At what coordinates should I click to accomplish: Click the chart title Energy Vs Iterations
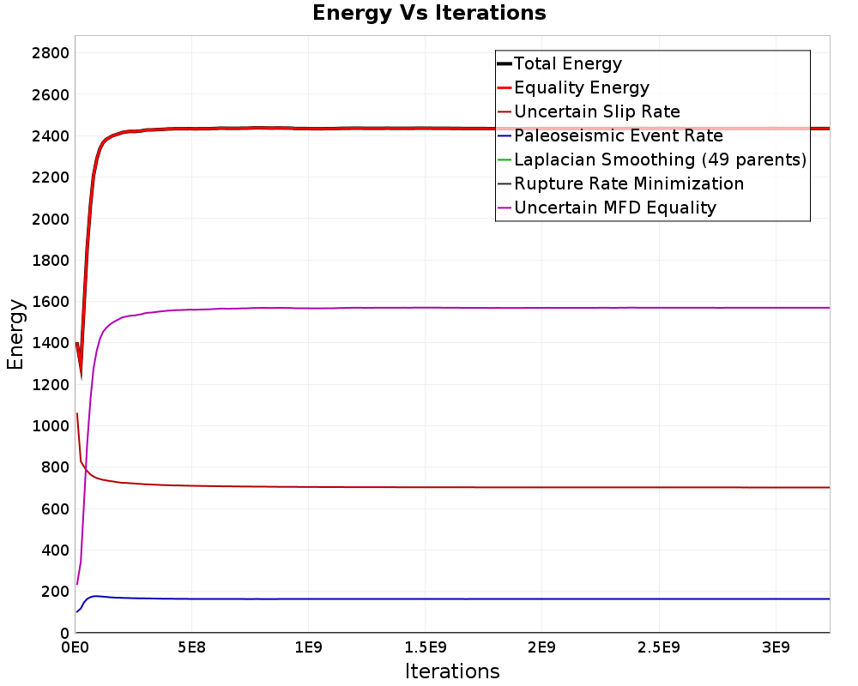(x=429, y=13)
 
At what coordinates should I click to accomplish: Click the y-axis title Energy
(x=15, y=334)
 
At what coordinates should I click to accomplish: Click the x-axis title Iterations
(x=452, y=671)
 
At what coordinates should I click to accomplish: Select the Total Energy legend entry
(x=567, y=63)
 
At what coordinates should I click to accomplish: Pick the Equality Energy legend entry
(x=581, y=87)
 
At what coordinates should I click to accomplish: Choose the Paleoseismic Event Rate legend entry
(x=618, y=135)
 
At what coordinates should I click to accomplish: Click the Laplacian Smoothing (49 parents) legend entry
(x=660, y=159)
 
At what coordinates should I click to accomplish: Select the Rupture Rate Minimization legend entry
(x=628, y=184)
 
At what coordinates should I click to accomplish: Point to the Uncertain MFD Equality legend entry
(x=614, y=208)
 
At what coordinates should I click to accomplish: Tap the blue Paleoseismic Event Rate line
(x=429, y=599)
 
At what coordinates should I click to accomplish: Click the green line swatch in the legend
(x=504, y=159)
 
